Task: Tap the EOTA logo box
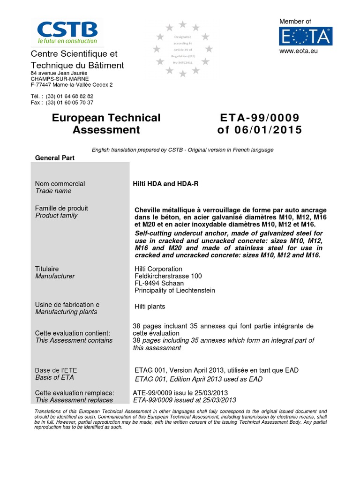click(x=306, y=36)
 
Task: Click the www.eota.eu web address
click(x=299, y=51)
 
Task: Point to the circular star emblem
click(x=183, y=49)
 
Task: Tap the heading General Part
click(x=55, y=158)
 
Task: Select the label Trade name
click(x=53, y=191)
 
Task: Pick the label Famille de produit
click(x=61, y=208)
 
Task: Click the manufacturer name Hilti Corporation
click(x=158, y=269)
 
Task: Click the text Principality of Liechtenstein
click(x=175, y=290)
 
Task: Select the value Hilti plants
click(x=150, y=307)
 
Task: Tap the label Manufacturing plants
click(x=66, y=312)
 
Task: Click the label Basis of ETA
click(x=54, y=377)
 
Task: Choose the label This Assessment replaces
click(x=74, y=400)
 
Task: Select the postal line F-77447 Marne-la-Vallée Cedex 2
click(x=71, y=85)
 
